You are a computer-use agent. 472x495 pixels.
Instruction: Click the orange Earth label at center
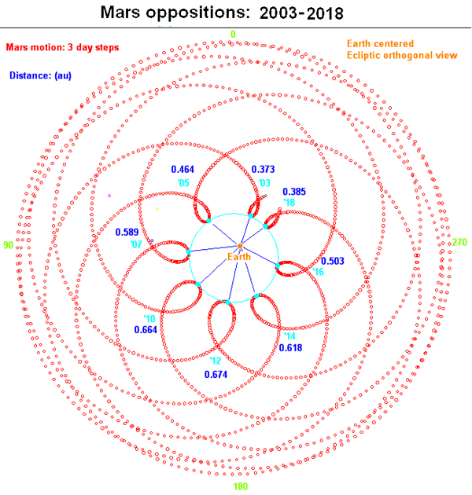pos(239,257)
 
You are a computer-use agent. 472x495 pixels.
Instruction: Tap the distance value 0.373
pos(263,169)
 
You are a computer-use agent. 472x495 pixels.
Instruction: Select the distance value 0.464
pos(183,169)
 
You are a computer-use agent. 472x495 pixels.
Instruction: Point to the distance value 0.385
pos(294,192)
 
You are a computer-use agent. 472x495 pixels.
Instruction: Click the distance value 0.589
pos(127,232)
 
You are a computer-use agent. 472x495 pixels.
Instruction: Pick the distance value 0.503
pos(333,261)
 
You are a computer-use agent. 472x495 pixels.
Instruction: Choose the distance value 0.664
pos(146,330)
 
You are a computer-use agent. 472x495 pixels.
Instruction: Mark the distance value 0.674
pos(216,375)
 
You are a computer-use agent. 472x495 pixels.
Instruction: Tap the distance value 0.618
pos(290,348)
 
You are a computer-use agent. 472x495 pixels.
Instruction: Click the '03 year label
pos(264,183)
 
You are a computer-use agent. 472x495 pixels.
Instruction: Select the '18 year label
pos(289,203)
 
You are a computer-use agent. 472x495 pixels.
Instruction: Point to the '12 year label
pos(216,361)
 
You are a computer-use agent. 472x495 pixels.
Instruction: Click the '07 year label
pos(136,244)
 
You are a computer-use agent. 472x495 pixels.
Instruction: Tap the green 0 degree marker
pos(233,34)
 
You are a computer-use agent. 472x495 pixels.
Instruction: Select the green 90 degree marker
pos(8,245)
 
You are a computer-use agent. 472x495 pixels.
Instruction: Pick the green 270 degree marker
pos(459,242)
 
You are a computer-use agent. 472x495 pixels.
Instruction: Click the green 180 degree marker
pos(241,486)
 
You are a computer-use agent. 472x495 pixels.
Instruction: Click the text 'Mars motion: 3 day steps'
pos(62,47)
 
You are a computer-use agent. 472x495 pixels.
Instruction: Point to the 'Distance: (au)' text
pos(40,75)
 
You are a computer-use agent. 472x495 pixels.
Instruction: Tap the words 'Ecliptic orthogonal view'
pos(402,55)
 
